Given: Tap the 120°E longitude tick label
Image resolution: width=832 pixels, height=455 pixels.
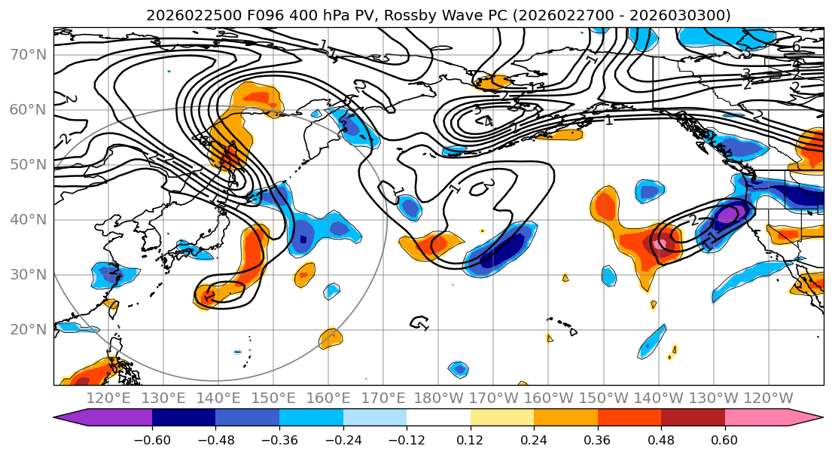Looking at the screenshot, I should [x=108, y=398].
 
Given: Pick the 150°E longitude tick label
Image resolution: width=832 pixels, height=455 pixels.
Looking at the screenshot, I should [x=273, y=398].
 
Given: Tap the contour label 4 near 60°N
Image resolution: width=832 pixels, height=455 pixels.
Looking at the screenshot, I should [x=488, y=121].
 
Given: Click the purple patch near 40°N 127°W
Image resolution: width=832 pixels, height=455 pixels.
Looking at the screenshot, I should [x=727, y=215].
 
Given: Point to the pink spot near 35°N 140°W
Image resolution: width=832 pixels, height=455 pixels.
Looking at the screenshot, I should [x=660, y=244].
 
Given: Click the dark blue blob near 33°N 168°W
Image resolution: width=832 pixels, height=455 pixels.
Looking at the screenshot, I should [x=506, y=249].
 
